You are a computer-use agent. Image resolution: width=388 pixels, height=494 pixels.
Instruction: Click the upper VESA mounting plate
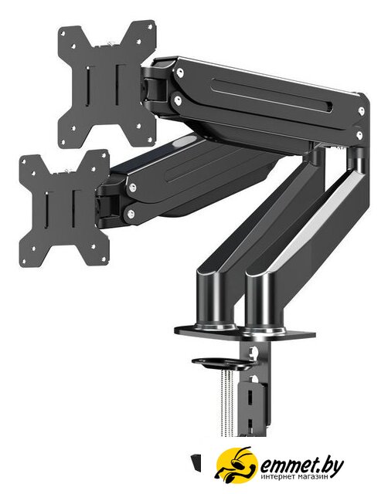click(x=107, y=84)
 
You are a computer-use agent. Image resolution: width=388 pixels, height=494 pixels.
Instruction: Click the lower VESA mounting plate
click(x=65, y=208)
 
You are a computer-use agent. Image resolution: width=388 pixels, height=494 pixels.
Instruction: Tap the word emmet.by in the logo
click(x=301, y=464)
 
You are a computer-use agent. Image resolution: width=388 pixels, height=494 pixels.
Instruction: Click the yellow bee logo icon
click(x=237, y=464)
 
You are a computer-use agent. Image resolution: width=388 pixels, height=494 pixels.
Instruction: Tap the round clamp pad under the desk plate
click(x=223, y=364)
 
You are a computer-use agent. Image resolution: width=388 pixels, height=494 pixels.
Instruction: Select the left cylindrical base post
click(x=216, y=306)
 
